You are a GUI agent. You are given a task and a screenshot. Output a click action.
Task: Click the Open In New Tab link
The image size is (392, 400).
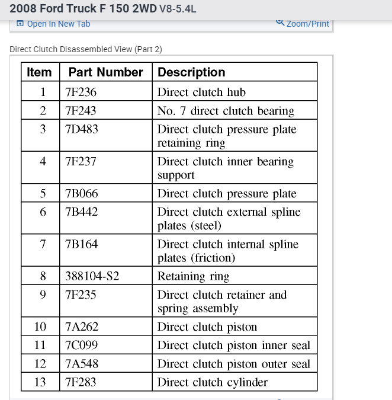58,24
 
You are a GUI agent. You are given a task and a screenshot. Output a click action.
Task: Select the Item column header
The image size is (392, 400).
40,72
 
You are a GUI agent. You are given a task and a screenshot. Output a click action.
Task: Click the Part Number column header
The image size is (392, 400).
105,72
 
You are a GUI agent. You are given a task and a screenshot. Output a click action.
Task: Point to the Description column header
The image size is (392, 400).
191,72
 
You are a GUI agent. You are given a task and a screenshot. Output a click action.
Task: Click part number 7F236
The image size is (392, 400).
81,92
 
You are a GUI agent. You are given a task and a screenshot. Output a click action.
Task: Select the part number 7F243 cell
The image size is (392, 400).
81,111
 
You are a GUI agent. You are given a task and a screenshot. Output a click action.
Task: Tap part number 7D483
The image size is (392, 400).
81,129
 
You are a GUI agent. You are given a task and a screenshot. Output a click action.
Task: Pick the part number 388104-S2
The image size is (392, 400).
92,276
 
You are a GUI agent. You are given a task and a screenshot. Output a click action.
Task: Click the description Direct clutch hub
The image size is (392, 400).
201,92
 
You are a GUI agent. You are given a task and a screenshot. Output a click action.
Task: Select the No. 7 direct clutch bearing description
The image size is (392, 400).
226,111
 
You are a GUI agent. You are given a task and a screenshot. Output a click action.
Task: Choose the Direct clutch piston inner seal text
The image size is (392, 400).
233,345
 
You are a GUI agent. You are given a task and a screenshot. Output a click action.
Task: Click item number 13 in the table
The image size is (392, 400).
40,382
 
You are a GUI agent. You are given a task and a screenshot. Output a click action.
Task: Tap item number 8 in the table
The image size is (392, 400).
43,276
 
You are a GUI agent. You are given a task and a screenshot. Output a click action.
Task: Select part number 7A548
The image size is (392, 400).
81,364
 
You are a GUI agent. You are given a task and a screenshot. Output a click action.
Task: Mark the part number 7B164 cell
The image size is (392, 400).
81,244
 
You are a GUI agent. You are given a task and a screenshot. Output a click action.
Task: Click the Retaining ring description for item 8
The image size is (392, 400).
193,276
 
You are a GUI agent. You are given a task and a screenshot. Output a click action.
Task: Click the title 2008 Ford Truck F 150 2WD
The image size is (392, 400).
83,9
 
